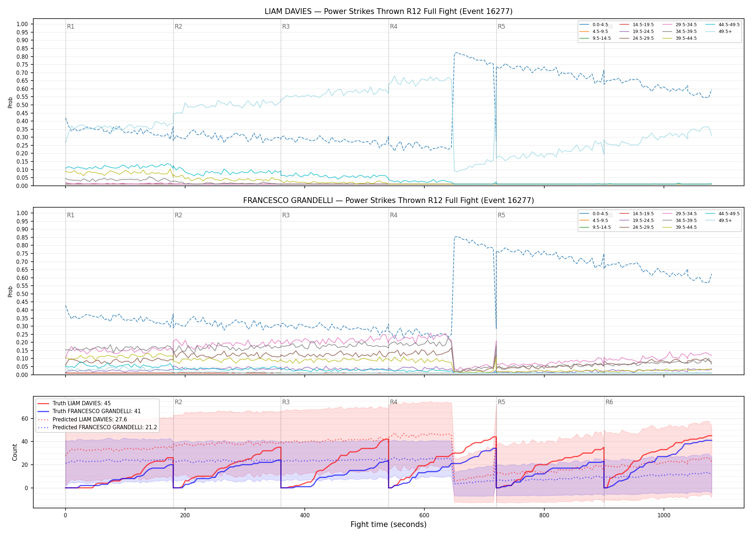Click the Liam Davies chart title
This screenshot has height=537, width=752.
coord(389,11)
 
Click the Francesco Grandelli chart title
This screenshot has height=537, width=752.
coord(389,200)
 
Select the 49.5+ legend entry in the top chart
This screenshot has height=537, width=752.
coord(720,32)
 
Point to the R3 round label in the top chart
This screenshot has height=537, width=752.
coord(286,26)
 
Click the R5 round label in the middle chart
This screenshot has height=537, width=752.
coord(501,215)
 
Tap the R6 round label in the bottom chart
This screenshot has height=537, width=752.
coord(609,402)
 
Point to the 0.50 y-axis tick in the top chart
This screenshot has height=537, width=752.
coord(22,105)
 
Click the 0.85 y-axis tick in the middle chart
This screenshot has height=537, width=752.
coord(22,237)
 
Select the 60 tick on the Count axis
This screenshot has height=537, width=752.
coord(25,419)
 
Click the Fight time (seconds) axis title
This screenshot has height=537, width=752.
coord(389,524)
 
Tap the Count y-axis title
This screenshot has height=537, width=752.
coord(15,452)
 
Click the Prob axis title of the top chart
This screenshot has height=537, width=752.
coord(10,102)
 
